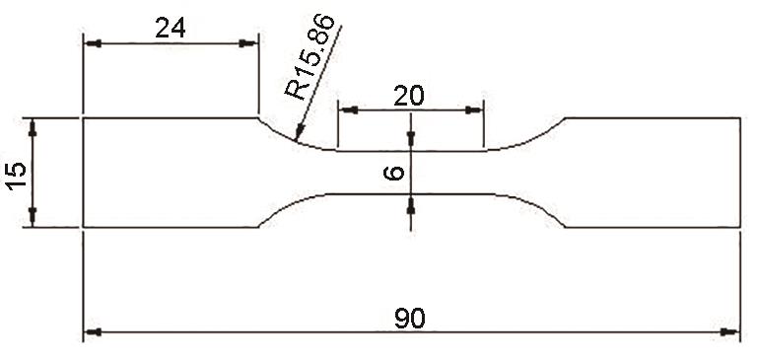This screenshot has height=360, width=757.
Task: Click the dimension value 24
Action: [171, 29]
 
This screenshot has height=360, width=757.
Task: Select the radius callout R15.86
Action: [310, 57]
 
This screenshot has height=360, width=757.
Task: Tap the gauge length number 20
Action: [409, 96]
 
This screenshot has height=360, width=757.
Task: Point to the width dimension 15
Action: [16, 176]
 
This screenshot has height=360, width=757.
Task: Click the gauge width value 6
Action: [393, 173]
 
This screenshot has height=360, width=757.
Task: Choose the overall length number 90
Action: [410, 319]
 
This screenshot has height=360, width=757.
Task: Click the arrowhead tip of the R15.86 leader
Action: [298, 139]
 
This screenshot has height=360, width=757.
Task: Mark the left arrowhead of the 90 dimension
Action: [93, 332]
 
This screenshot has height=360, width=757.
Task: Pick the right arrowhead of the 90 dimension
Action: [730, 332]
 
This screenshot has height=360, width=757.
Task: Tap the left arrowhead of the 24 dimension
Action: [93, 43]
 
